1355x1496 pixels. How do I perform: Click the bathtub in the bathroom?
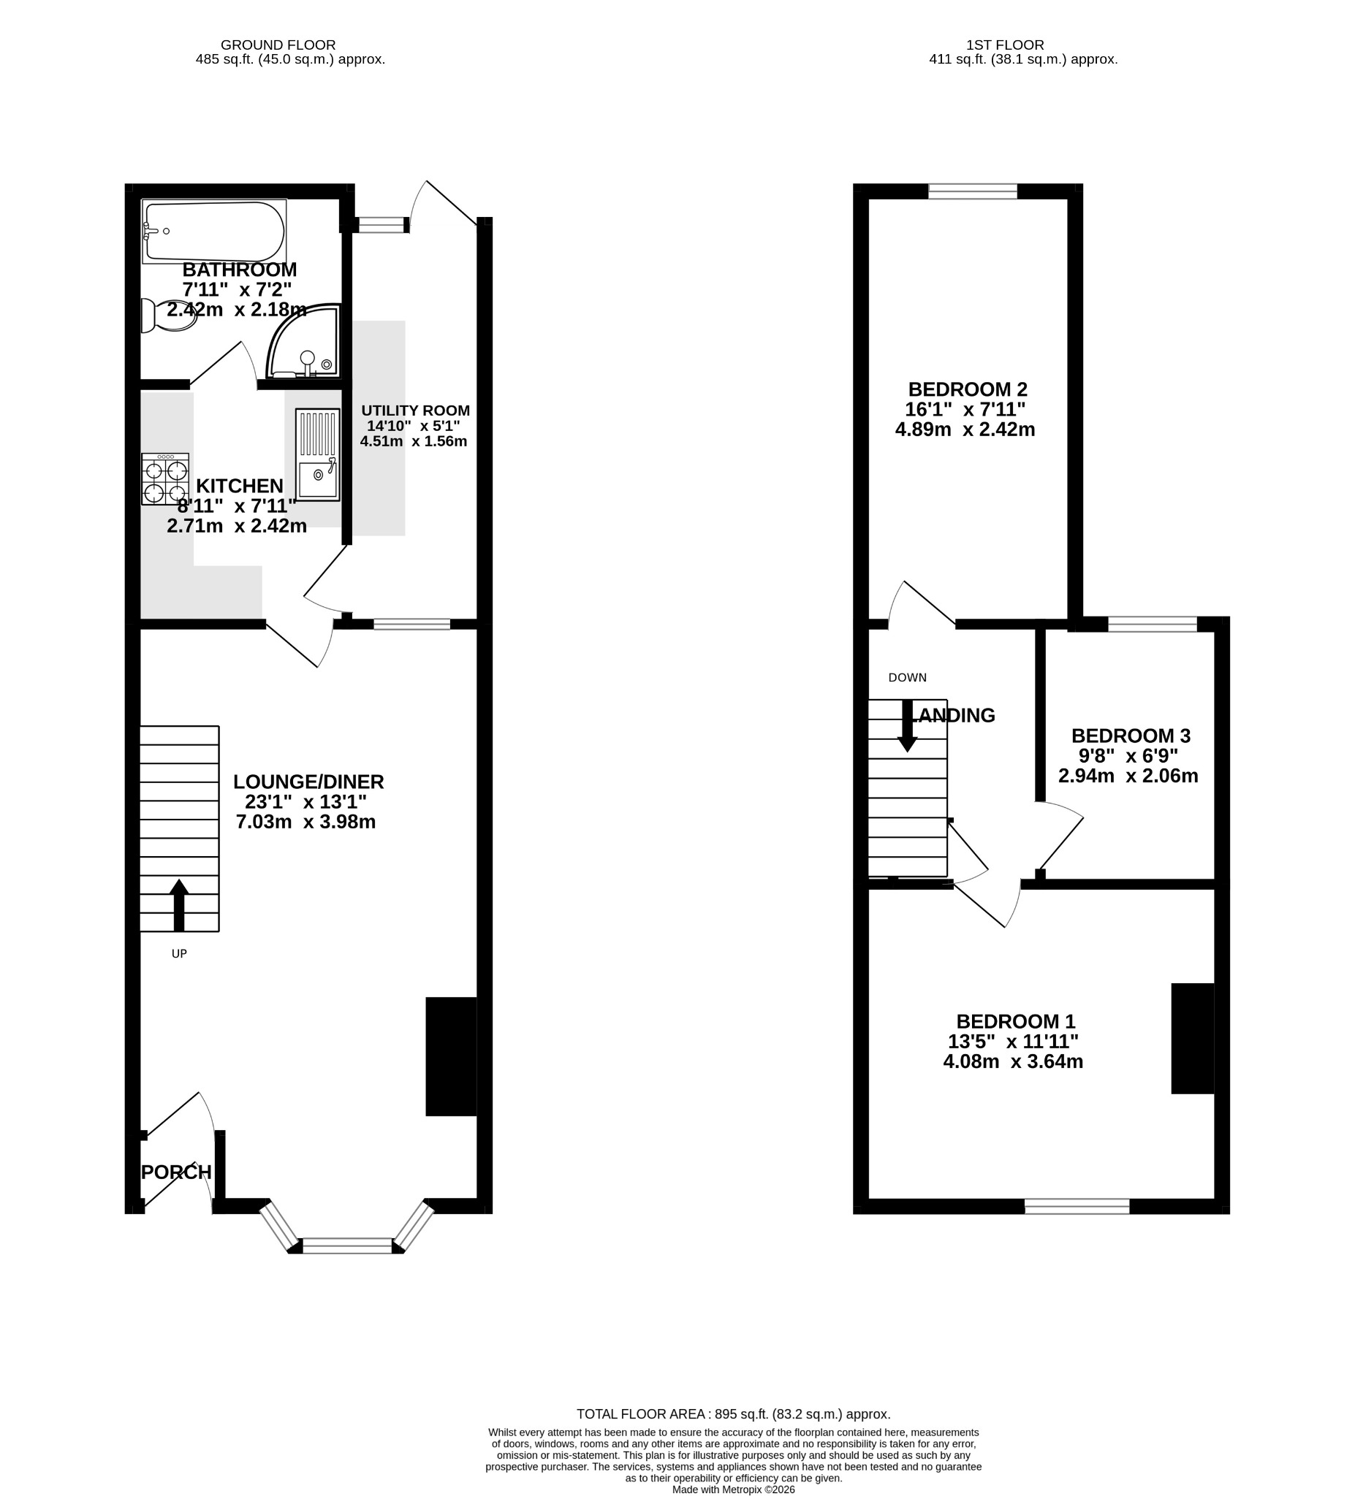(x=214, y=231)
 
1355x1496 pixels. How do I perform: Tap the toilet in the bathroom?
(x=169, y=316)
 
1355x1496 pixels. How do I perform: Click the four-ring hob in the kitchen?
(x=165, y=479)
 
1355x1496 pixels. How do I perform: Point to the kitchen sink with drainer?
(x=317, y=455)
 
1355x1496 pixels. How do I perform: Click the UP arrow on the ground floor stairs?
(x=179, y=904)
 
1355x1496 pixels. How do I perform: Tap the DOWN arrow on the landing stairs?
(x=907, y=726)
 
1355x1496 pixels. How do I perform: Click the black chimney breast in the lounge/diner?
(x=451, y=1056)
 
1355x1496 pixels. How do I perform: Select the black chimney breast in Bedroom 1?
(x=1193, y=1038)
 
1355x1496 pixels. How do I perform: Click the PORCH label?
(x=177, y=1172)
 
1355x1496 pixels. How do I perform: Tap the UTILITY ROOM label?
(x=416, y=411)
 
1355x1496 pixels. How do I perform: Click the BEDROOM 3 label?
(x=1131, y=736)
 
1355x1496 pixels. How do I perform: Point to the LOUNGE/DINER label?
(x=308, y=782)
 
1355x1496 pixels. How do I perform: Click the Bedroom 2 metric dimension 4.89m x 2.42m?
(x=965, y=429)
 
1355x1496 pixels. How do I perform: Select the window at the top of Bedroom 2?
(x=973, y=191)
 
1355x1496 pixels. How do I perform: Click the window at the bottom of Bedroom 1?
(x=1077, y=1207)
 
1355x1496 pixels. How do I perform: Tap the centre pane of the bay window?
(x=347, y=1246)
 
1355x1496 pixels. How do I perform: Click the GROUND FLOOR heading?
(x=278, y=45)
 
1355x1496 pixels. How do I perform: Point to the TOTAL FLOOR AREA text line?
(x=734, y=1414)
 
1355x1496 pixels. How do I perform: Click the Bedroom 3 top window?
(x=1153, y=624)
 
